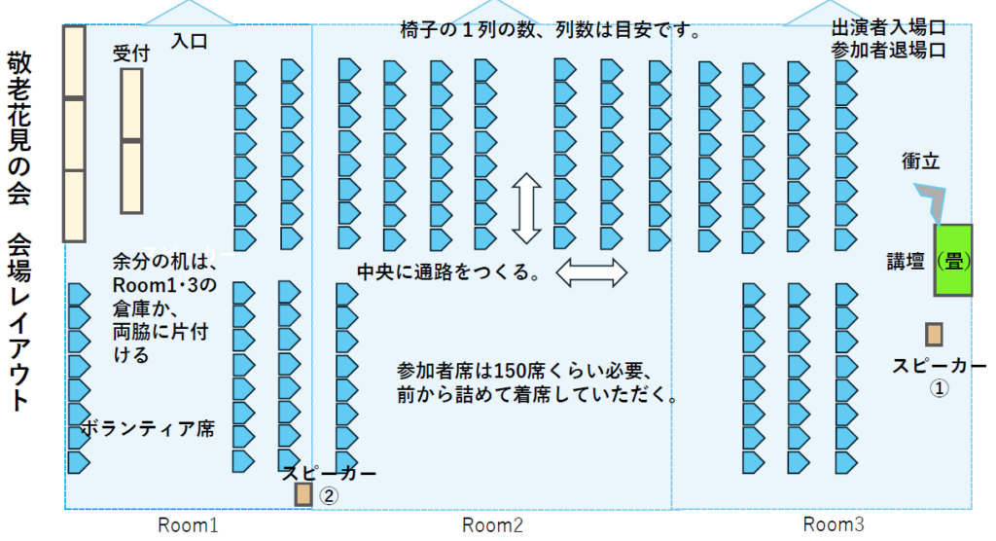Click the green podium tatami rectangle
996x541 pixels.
tap(954, 260)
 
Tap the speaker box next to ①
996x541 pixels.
tap(934, 335)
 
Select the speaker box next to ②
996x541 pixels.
tap(303, 494)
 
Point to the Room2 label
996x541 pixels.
tap(492, 525)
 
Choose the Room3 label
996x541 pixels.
tap(834, 524)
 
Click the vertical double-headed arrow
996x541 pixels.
tap(526, 208)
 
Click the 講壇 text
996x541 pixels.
tap(904, 261)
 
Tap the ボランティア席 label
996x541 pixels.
tap(148, 428)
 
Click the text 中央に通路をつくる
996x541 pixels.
tap(448, 272)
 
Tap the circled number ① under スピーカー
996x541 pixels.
tap(940, 386)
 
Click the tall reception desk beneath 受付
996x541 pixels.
tap(131, 141)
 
